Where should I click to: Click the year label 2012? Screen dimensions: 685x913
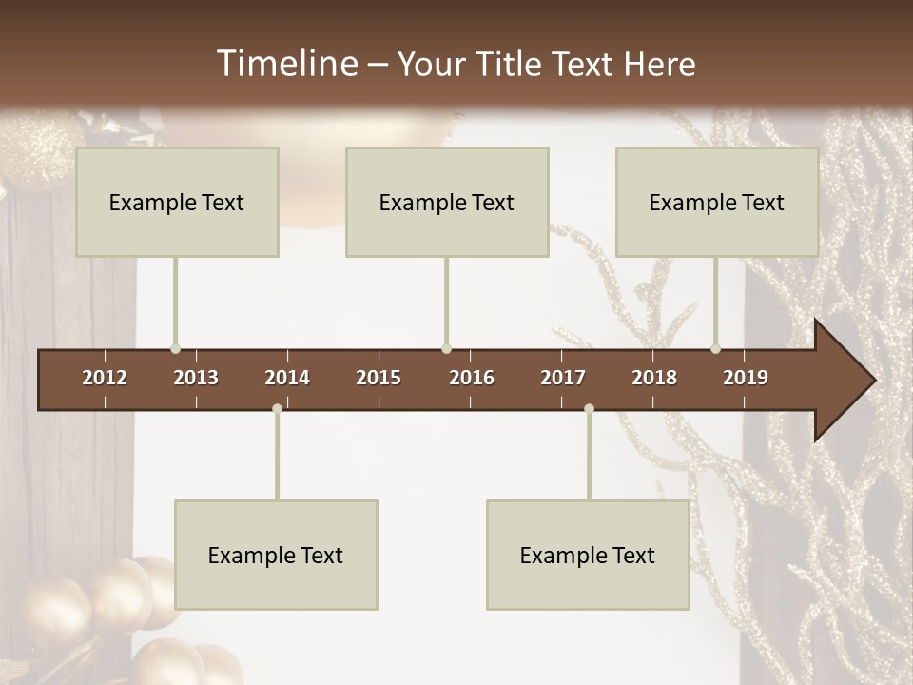coord(105,378)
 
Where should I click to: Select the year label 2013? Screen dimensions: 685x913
coord(196,378)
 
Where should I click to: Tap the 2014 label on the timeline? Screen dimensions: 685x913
coord(287,378)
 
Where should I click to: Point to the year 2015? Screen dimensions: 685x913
coord(379,378)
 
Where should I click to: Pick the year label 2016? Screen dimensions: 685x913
coord(472,378)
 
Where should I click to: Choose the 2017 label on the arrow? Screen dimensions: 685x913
coord(563,378)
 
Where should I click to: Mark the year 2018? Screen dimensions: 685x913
coord(654,378)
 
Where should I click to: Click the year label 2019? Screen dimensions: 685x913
coord(746,378)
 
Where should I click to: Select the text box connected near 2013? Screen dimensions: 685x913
coord(177,202)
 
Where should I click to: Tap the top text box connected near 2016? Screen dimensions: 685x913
coord(447,202)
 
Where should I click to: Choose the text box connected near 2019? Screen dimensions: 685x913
coord(717,202)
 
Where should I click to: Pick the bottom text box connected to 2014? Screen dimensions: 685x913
coord(276,555)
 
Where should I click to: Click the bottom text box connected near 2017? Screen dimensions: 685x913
coord(588,555)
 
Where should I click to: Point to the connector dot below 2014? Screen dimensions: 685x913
coord(277,409)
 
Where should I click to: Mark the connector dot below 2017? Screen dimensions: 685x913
coord(589,409)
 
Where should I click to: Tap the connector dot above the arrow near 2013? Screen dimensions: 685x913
coord(175,348)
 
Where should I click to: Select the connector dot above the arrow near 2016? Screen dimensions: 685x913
coord(446,348)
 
